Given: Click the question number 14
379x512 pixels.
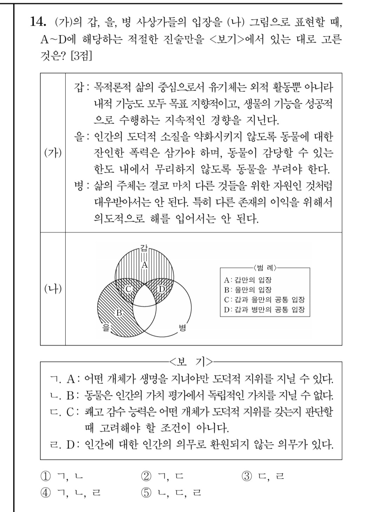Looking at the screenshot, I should (38, 22).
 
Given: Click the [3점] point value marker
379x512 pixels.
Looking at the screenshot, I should (81, 56).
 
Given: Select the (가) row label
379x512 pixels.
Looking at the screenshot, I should (53, 153).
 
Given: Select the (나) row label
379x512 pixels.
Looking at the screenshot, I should (53, 289).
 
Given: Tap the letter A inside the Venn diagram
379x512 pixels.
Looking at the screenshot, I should (144, 265).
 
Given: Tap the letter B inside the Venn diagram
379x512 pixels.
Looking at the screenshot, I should (119, 313).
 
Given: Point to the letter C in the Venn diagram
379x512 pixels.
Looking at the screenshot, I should (128, 289).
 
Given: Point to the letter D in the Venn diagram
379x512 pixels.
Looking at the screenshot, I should (161, 289).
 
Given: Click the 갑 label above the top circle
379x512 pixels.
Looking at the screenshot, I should (144, 248).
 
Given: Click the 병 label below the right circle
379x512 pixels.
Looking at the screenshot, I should (182, 327).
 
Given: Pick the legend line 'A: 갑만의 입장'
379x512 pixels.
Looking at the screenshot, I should (248, 280).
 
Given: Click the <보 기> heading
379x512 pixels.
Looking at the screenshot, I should (191, 361).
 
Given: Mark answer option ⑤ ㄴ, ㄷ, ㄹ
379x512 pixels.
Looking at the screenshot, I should (171, 493).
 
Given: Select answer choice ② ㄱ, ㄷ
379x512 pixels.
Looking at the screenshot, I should (162, 476).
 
